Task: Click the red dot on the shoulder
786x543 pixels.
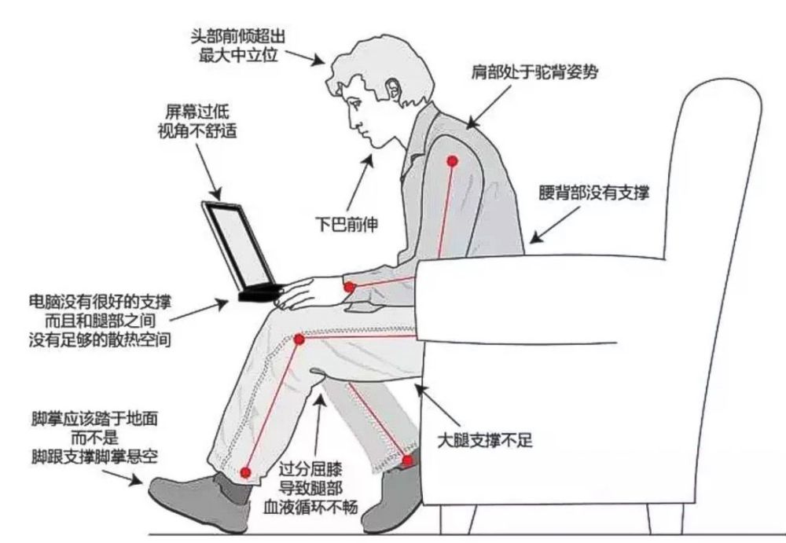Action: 453,161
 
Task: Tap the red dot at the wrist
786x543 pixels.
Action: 350,288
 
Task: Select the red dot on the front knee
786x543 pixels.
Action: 299,339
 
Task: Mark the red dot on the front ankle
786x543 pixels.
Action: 245,471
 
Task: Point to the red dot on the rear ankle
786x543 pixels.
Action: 408,460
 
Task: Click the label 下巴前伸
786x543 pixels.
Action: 347,224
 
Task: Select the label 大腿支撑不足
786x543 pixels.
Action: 485,440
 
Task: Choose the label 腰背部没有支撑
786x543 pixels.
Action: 594,193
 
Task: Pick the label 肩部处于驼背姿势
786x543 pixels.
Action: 534,72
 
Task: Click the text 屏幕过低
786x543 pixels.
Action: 197,112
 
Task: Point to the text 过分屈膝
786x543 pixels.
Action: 310,469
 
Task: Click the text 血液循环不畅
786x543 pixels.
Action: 310,508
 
